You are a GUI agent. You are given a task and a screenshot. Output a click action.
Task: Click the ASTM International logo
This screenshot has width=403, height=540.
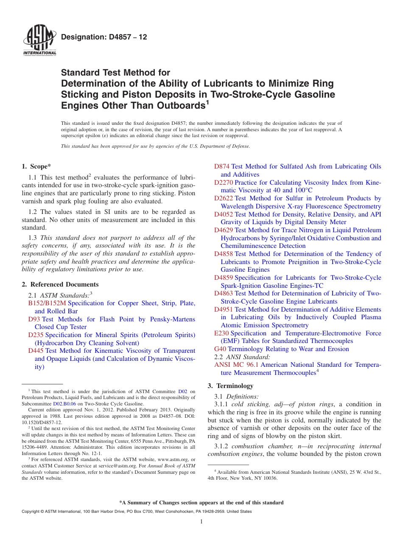[39, 40]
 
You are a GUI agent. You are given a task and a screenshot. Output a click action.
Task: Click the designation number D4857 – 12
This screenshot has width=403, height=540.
[104, 37]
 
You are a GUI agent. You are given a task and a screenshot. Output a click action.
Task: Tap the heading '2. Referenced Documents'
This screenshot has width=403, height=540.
[60, 284]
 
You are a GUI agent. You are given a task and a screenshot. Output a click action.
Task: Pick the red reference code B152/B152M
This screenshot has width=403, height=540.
[47, 303]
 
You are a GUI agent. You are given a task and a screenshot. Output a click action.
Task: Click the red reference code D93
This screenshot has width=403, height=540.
[34, 319]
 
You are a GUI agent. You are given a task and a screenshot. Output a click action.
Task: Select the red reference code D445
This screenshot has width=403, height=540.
[36, 351]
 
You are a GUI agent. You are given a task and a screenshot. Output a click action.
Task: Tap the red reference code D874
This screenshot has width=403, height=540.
[222, 166]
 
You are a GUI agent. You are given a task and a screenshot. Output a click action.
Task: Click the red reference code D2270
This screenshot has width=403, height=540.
[224, 183]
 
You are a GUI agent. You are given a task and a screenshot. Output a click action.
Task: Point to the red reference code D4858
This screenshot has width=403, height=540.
[224, 254]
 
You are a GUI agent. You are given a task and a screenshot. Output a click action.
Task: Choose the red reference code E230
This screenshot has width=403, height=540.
[221, 333]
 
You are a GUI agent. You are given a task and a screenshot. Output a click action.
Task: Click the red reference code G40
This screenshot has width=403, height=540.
[220, 349]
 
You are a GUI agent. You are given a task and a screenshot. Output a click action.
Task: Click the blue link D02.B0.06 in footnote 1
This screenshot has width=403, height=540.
[64, 404]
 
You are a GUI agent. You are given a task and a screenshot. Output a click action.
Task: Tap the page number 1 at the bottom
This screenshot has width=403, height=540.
[201, 521]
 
